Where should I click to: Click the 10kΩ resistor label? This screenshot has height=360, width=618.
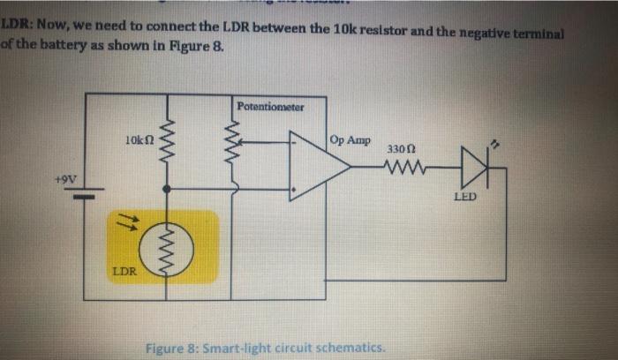coord(139,139)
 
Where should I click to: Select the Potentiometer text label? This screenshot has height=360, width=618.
coord(270,108)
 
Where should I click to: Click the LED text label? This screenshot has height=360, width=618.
coord(465,197)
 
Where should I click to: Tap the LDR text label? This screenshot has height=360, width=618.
coord(124,271)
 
